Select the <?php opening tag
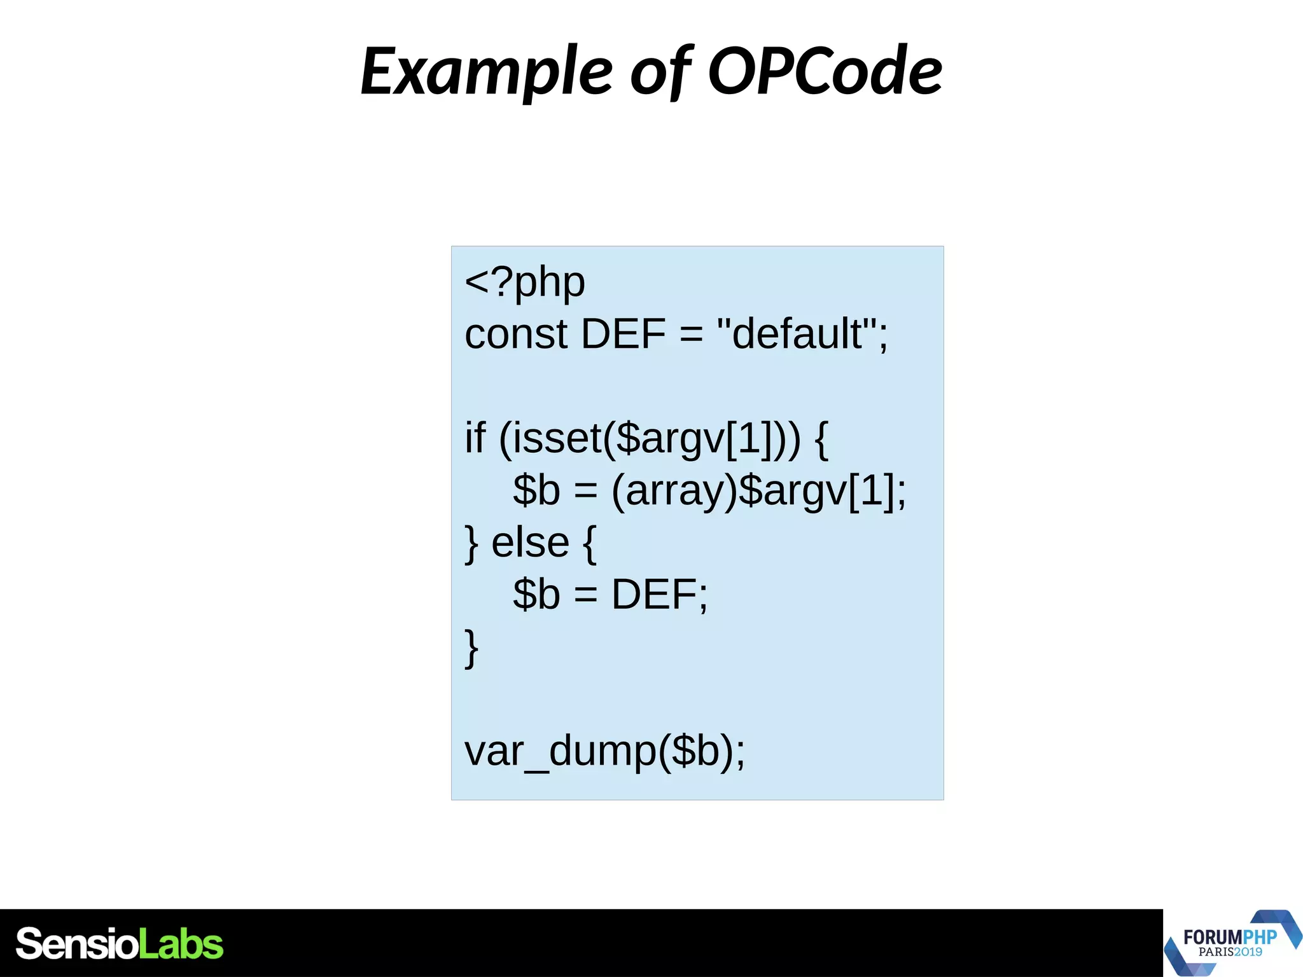click(525, 282)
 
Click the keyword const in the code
click(515, 335)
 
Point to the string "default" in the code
click(798, 335)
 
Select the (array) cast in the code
click(674, 491)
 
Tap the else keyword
click(530, 543)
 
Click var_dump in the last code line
click(561, 752)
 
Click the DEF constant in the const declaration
click(623, 335)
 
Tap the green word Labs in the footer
click(181, 944)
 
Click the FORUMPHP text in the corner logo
click(1229, 937)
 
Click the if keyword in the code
click(475, 439)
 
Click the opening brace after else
click(589, 544)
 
